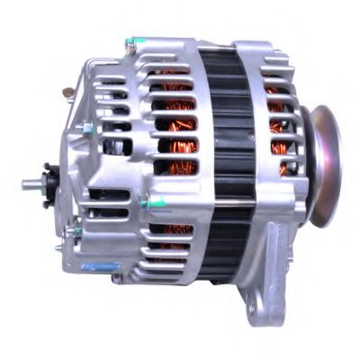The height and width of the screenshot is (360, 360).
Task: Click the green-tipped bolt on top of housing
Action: coord(131,41)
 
